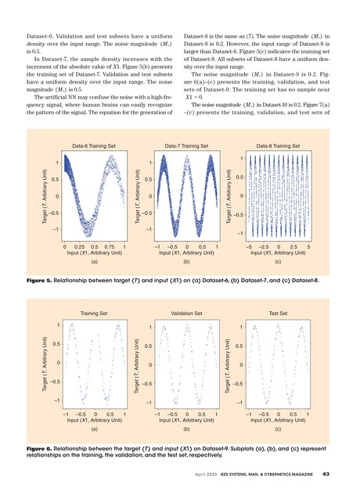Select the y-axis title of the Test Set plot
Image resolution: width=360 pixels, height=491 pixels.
(226, 364)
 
